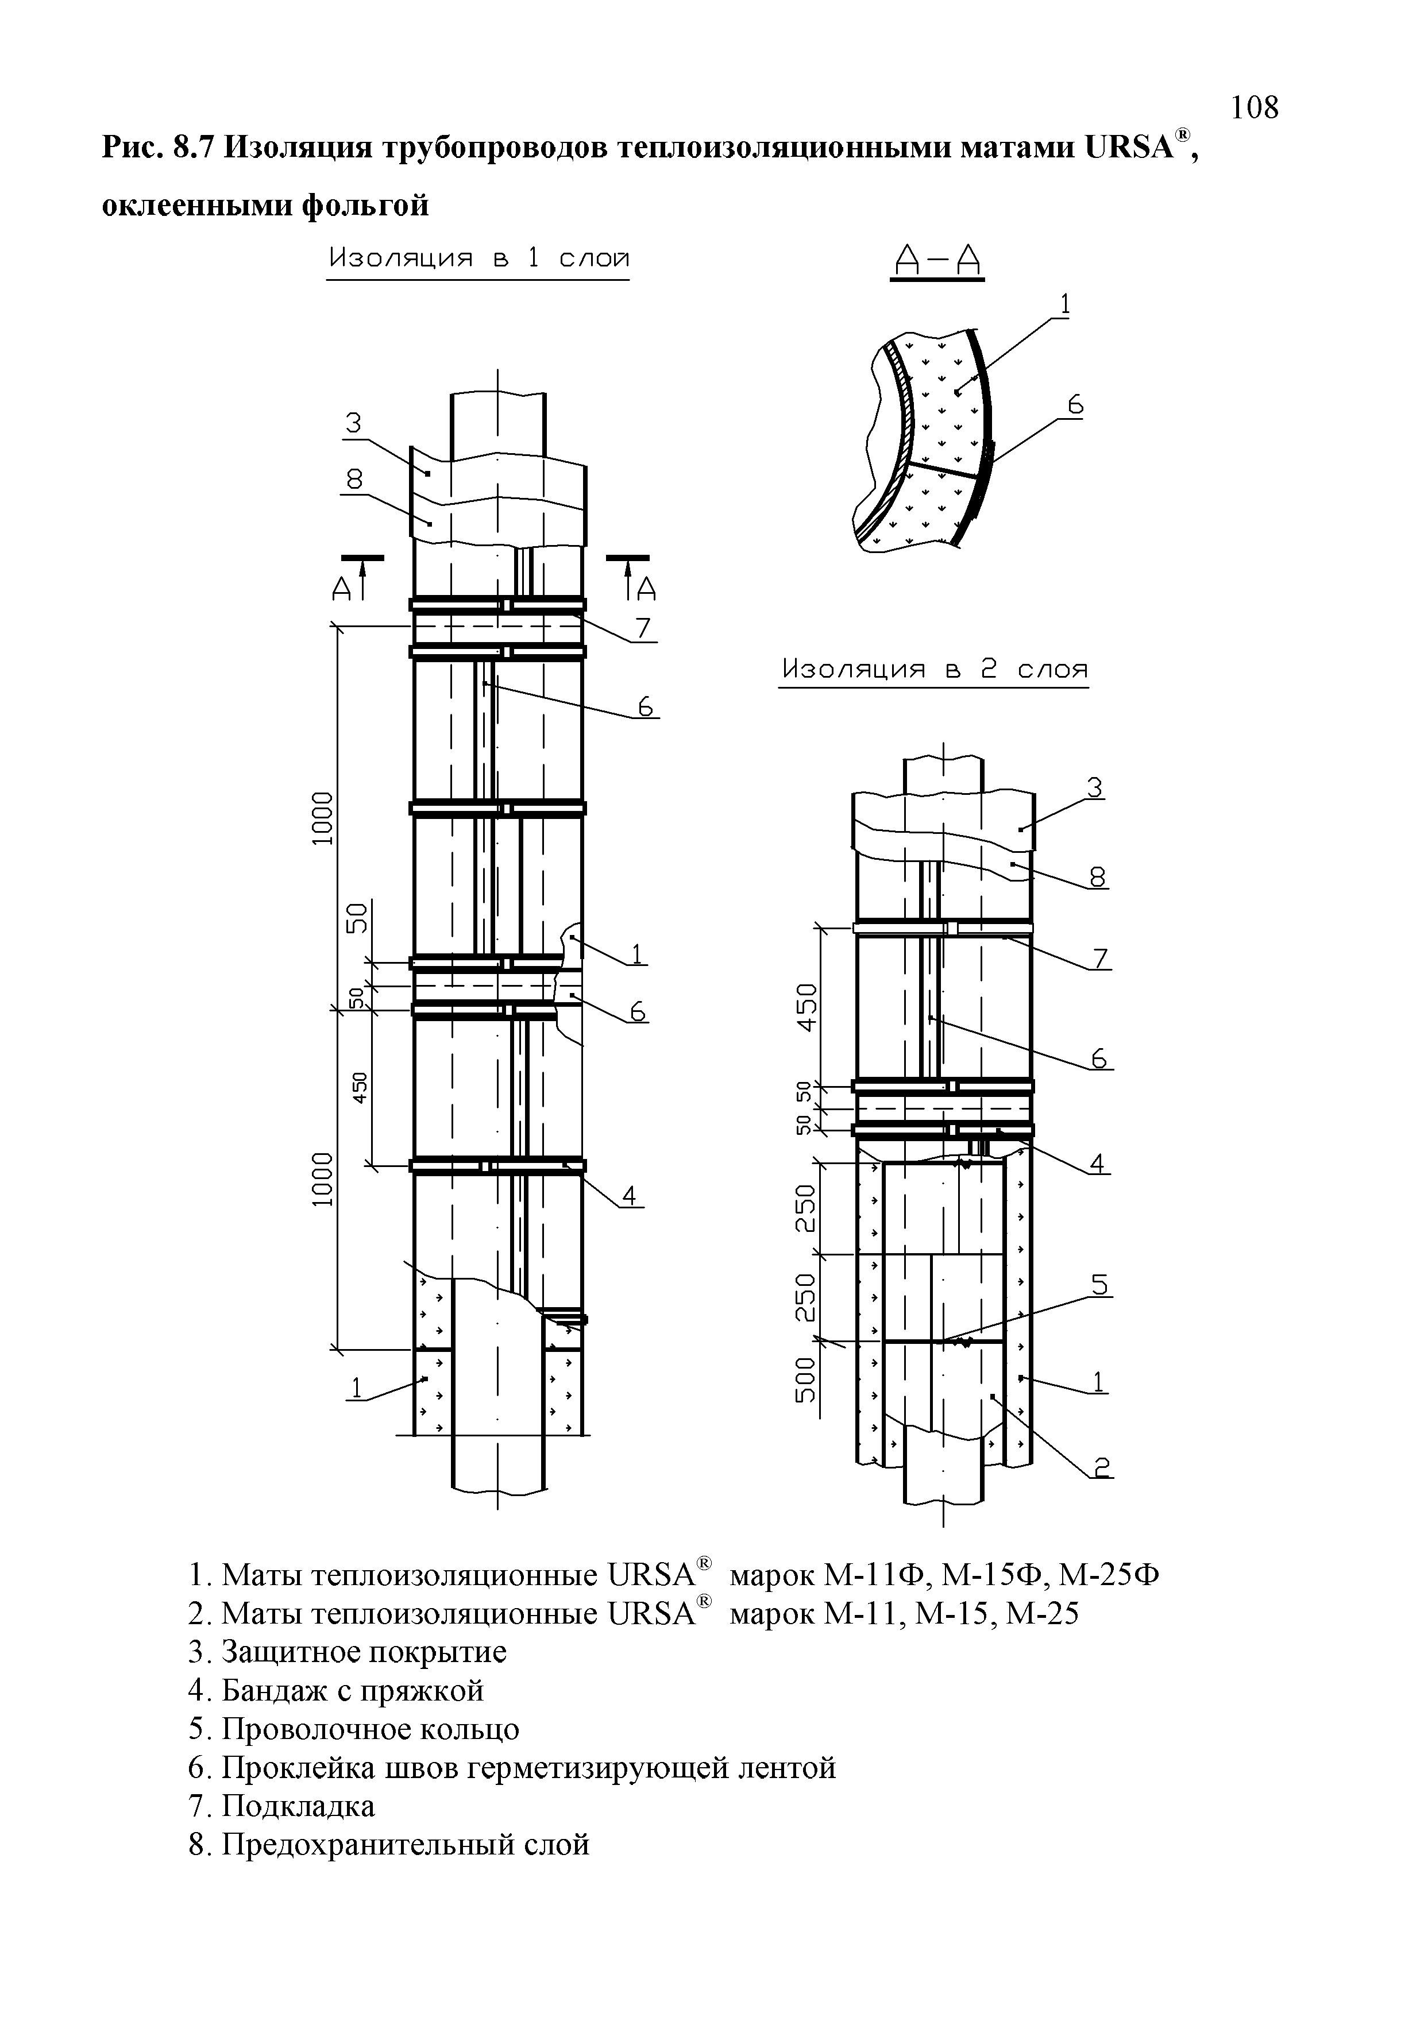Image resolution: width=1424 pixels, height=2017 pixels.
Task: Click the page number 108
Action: point(1253,107)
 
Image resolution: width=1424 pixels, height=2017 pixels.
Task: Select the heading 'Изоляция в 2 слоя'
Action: point(934,670)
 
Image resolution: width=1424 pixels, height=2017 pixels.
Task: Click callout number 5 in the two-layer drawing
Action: point(1100,1285)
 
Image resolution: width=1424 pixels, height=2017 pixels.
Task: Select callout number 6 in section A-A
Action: point(1075,406)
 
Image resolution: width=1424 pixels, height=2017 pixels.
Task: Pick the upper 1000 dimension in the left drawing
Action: point(323,817)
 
